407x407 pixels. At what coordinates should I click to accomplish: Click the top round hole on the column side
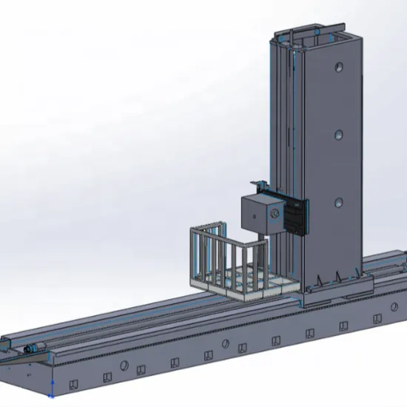338,67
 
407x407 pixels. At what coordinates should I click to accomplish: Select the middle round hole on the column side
338,135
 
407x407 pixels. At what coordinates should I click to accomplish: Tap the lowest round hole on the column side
338,202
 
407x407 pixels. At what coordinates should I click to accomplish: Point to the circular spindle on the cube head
275,215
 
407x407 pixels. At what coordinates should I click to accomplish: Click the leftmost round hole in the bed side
124,366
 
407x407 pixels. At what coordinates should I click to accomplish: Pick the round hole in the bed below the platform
224,343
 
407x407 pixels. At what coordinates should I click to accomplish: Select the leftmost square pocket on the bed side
73,383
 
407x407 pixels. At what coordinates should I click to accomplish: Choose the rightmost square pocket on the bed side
377,318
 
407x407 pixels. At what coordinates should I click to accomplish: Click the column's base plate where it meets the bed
333,292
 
